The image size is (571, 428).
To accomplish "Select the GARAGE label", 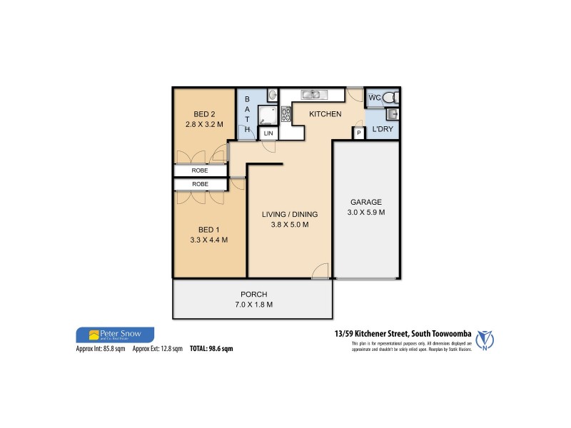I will [x=365, y=202].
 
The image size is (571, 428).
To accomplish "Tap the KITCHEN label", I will [x=325, y=114].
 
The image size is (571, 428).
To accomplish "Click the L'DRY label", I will [x=382, y=131].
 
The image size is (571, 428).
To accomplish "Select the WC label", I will [x=374, y=97].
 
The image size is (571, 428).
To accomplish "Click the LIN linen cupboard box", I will [x=268, y=133].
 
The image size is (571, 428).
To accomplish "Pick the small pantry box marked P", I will [x=358, y=133].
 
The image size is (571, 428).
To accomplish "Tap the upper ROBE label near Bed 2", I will [x=200, y=171].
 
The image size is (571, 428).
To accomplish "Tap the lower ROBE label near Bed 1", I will [x=200, y=184].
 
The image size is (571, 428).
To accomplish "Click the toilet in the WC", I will [x=390, y=97].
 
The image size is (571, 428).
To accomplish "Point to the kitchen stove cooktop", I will [x=285, y=113].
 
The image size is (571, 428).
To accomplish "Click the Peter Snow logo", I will [x=114, y=335].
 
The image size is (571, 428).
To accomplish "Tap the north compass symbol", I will [x=487, y=340].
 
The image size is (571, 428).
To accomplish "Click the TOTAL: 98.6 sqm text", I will [x=211, y=349].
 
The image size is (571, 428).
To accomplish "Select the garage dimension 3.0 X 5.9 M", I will [x=365, y=213].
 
